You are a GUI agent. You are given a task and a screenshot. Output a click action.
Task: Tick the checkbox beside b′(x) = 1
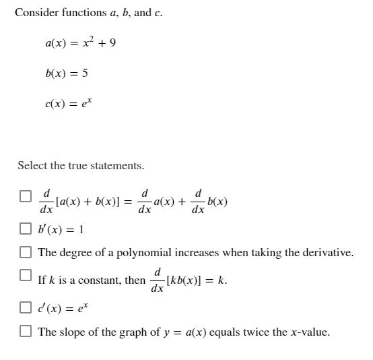tap(25, 229)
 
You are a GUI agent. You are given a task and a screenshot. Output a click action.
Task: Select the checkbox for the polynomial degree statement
tap(25, 252)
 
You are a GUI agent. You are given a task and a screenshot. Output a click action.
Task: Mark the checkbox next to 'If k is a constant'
tap(25, 275)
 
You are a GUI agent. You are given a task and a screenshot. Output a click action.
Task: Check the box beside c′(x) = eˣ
tap(25, 308)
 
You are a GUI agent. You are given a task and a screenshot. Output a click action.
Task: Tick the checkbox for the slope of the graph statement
tap(25, 331)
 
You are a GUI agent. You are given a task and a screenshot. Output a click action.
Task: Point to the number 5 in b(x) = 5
tap(85, 73)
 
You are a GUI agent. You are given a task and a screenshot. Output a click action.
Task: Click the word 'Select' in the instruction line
tap(32, 165)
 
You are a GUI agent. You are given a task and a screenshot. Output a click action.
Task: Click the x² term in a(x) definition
tap(88, 42)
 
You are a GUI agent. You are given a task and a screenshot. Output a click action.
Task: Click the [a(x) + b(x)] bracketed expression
tap(88, 202)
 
